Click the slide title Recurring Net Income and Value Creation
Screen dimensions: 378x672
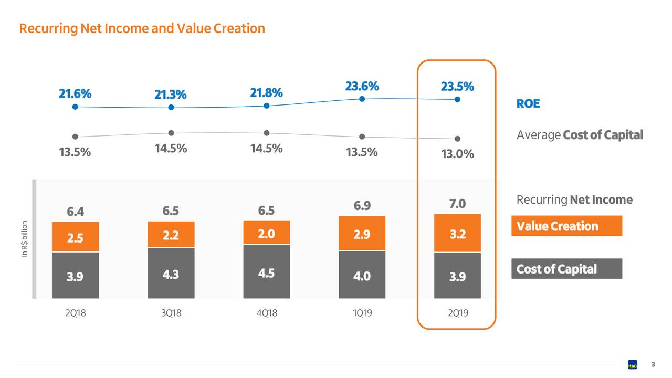(142, 28)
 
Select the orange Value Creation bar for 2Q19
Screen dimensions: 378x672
(457, 234)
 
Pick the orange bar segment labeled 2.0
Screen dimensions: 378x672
(267, 233)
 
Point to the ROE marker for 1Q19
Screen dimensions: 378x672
(362, 99)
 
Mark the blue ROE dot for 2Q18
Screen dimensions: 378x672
(75, 107)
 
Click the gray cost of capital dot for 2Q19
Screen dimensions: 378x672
(457, 139)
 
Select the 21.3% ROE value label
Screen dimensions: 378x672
(170, 94)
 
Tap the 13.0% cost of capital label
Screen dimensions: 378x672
(457, 154)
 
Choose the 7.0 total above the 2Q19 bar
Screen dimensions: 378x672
(457, 204)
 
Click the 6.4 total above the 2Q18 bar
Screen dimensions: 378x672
(75, 212)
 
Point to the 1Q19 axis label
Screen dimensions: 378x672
(362, 313)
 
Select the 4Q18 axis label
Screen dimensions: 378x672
(267, 313)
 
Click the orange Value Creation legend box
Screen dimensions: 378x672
(566, 226)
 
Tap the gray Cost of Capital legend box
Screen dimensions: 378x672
(566, 269)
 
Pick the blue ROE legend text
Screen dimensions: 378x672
(528, 103)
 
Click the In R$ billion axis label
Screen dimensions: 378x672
(24, 239)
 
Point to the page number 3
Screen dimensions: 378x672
(653, 364)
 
